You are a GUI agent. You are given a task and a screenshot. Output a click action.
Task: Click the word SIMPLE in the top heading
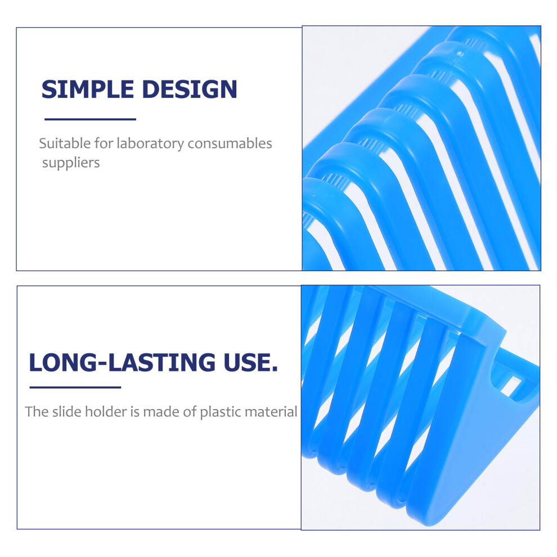[x=87, y=89]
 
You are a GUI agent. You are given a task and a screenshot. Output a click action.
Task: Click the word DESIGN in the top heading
[x=190, y=89]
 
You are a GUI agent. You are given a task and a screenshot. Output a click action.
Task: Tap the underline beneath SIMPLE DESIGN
[x=90, y=119]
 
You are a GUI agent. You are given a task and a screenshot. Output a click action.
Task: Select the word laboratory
[x=150, y=143]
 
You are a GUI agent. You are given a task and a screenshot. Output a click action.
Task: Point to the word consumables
[x=230, y=143]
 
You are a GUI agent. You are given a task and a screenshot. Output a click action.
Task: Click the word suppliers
[x=71, y=163]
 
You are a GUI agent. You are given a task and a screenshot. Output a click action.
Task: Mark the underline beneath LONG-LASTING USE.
[x=75, y=387]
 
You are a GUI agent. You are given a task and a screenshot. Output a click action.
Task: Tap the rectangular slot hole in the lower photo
[x=510, y=386]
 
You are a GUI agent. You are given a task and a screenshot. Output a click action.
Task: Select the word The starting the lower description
[x=37, y=412]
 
